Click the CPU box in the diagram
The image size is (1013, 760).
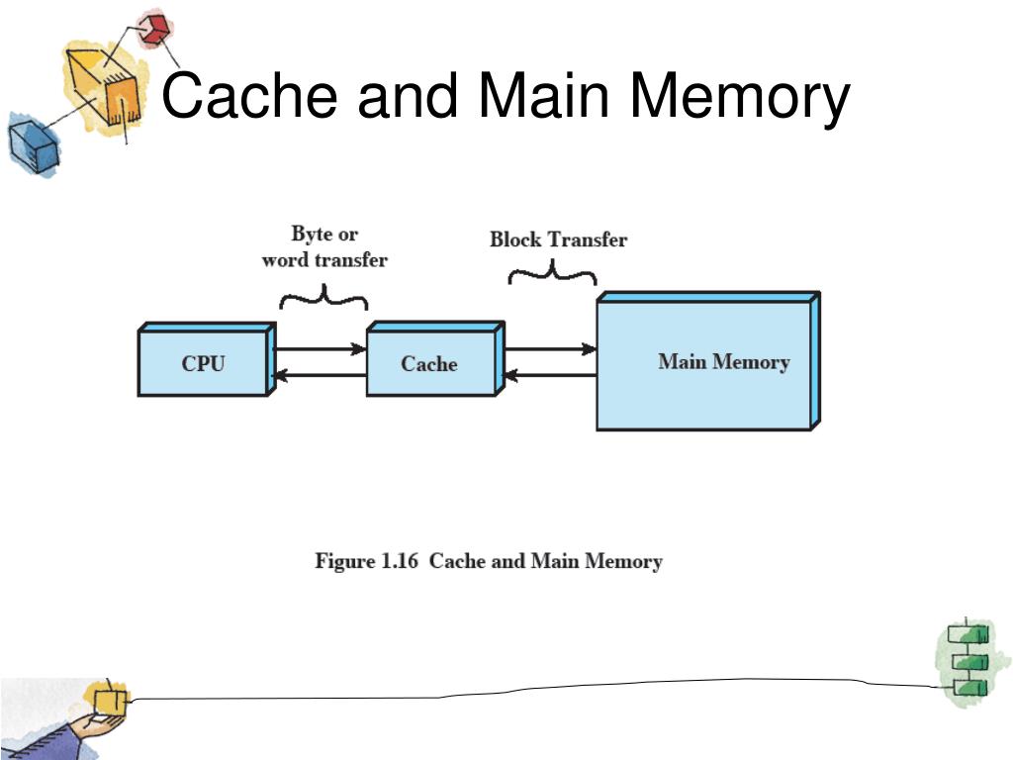[203, 363]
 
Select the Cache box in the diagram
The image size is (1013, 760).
[430, 363]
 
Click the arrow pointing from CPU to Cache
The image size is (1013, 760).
[320, 349]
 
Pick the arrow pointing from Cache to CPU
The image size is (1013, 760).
[320, 375]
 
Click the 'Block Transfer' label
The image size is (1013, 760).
[558, 239]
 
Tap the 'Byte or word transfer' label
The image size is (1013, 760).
[324, 247]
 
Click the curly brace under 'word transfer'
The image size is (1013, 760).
[323, 296]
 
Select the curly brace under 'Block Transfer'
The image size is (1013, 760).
[552, 272]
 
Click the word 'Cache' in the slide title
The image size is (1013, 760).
[252, 98]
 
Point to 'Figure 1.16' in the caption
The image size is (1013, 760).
[369, 561]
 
